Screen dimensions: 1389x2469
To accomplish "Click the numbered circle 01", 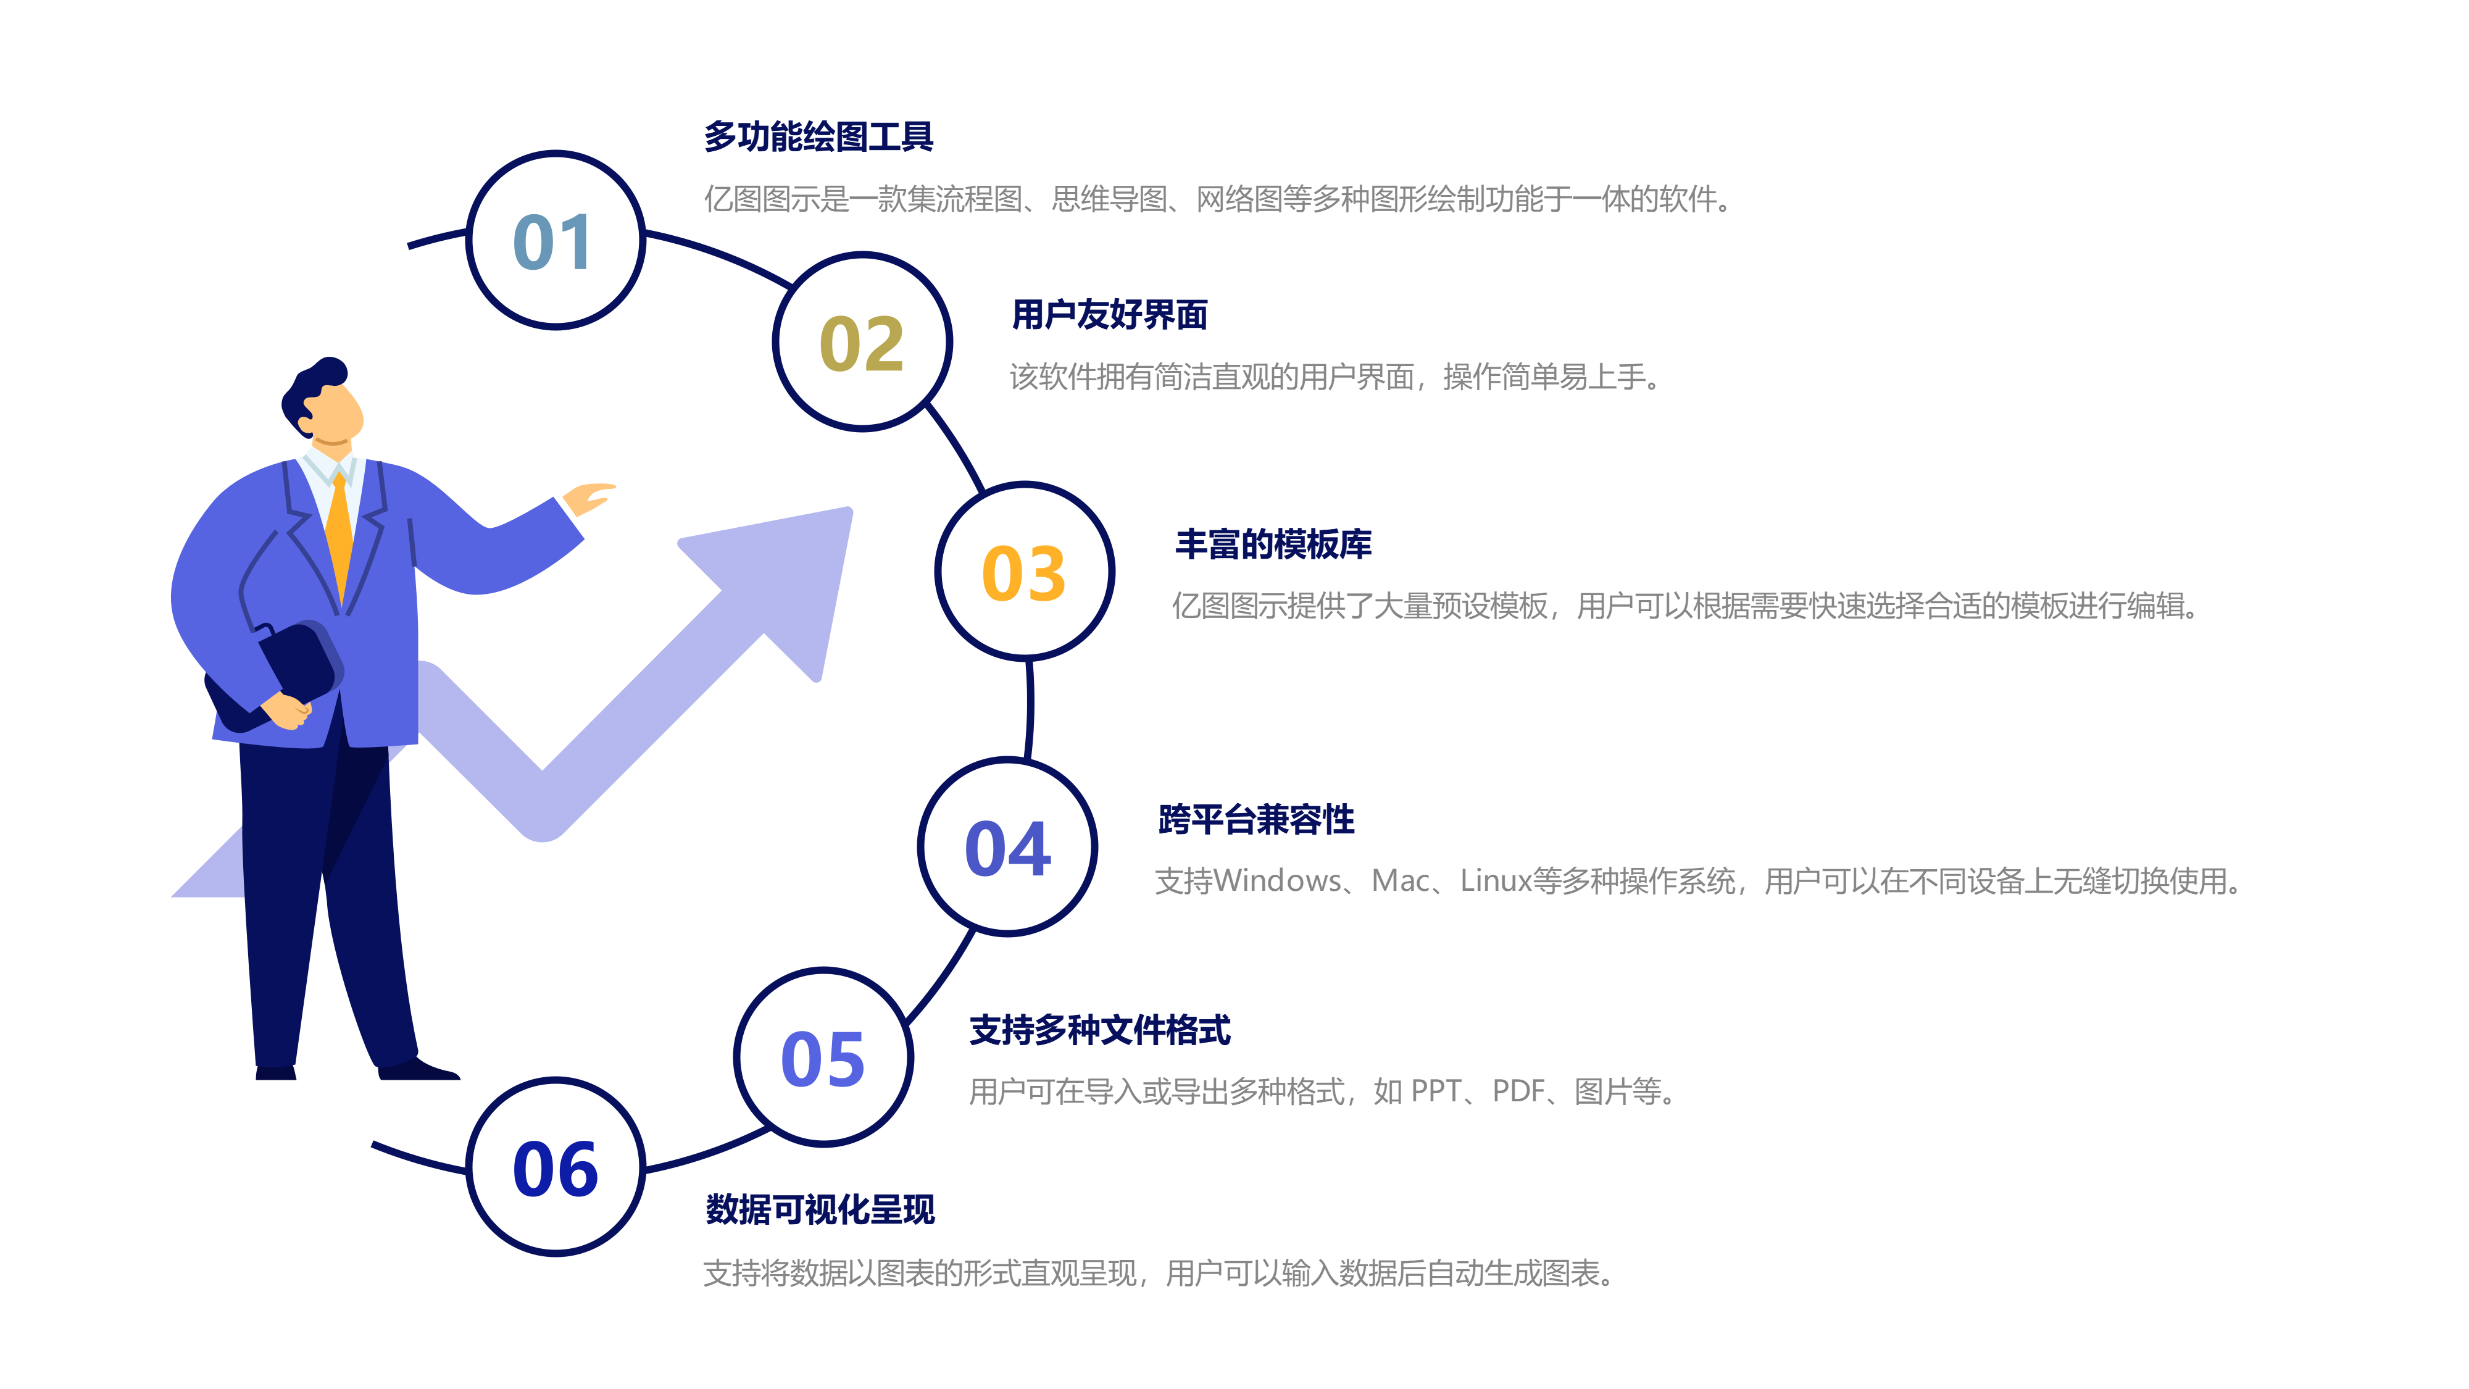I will click(555, 241).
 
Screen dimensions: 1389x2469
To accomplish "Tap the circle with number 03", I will click(1023, 572).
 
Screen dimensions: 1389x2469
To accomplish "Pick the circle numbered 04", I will click(1007, 848).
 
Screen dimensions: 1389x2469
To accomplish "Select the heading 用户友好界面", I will click(1109, 314).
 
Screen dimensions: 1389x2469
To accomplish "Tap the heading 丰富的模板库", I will click(1273, 543).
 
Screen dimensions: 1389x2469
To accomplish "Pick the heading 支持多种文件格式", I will click(1099, 1030).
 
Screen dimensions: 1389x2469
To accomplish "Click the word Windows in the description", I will click(1276, 880).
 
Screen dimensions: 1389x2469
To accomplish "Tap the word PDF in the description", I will click(1518, 1091).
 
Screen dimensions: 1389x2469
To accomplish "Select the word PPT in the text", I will click(1436, 1091).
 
